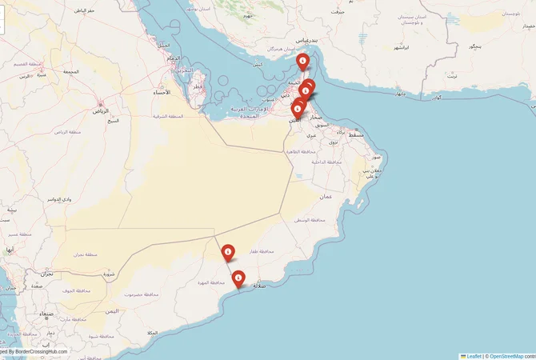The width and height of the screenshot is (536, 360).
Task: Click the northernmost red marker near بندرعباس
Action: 303,62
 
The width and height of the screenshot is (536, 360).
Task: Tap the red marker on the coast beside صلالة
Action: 238,278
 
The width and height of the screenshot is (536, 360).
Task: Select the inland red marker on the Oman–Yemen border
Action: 228,253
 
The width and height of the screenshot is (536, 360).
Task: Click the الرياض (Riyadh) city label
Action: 102,110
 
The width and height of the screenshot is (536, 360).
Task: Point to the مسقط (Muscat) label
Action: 357,135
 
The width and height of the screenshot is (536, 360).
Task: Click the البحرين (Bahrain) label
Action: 186,70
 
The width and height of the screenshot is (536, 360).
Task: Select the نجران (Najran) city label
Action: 46,274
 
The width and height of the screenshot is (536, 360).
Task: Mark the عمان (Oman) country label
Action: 326,196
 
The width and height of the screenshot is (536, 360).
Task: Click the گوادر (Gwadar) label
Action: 438,98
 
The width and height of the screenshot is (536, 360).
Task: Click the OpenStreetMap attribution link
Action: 506,356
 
